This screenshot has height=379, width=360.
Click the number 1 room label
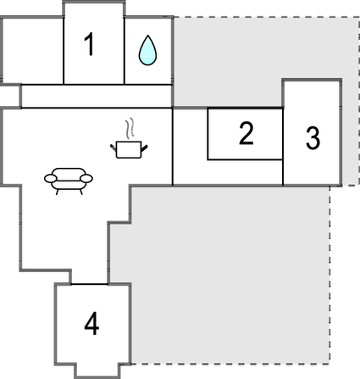90,44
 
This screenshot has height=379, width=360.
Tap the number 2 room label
246,133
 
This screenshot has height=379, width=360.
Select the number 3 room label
313,137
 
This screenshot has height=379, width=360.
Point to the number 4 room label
91,323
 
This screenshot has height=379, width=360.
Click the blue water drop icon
147,50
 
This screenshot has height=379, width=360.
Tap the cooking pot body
129,150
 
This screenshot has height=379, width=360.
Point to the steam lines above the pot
130,129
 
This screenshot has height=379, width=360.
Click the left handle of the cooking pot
113,147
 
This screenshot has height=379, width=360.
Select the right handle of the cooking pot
145,148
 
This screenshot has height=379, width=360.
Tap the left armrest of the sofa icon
51,178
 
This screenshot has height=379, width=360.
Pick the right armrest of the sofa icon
86,178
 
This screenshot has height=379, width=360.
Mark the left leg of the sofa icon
58,192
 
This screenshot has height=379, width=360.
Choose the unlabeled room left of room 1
33,51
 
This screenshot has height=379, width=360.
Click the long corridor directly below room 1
97,96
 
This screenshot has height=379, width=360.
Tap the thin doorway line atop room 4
89,284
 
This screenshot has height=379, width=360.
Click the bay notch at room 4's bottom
97,371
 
